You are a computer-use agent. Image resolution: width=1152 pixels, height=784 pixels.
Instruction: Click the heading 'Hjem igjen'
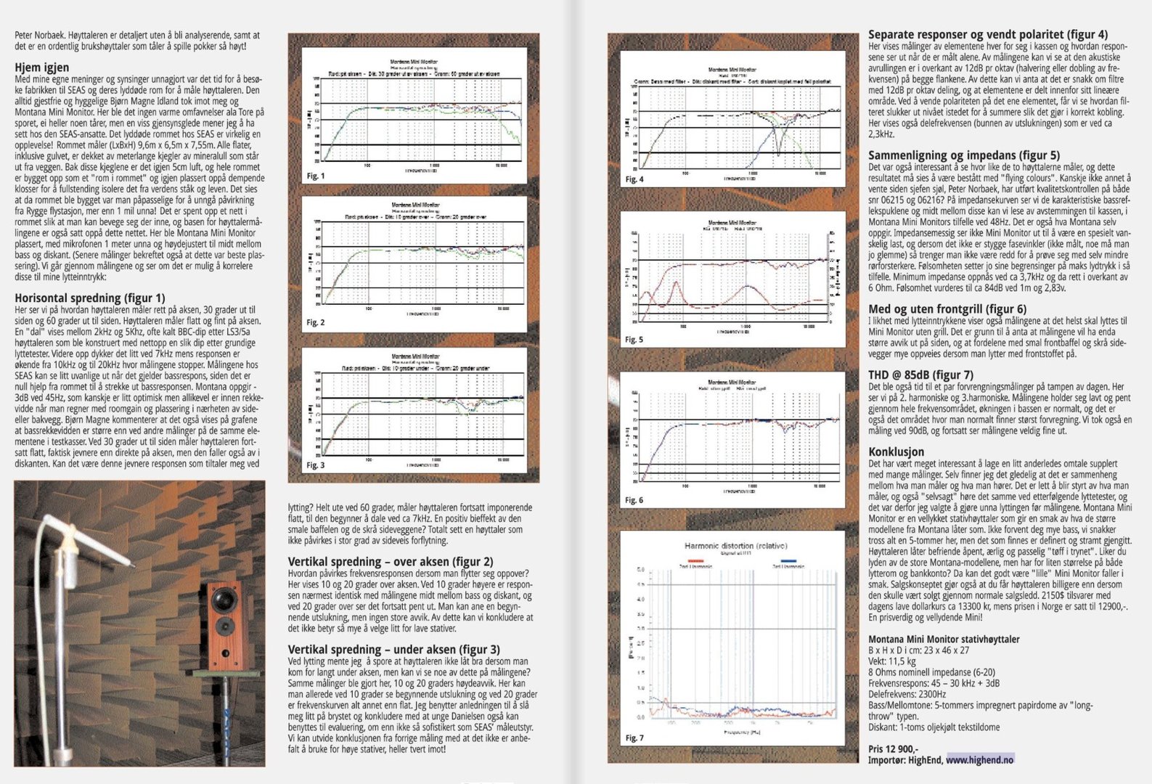[42, 68]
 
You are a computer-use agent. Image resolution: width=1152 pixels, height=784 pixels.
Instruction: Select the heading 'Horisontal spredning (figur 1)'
[90, 298]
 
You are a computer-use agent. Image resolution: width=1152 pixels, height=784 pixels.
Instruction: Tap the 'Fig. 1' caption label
[316, 176]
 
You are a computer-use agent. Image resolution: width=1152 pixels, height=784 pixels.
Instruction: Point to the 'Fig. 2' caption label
[316, 322]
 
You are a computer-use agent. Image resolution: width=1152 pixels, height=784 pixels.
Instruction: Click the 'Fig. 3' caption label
[316, 465]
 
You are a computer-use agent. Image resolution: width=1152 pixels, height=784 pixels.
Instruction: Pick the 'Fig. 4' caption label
[634, 179]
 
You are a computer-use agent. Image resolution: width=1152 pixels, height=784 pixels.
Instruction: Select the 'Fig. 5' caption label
[634, 340]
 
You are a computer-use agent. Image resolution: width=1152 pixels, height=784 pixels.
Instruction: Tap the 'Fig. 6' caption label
[634, 500]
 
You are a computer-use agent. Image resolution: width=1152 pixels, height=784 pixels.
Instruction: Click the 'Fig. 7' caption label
[634, 738]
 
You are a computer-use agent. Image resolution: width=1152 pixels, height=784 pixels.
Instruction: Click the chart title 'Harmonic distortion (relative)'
[735, 545]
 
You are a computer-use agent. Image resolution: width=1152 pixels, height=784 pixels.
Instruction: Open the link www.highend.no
[980, 760]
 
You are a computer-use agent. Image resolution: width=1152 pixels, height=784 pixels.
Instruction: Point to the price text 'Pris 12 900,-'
[894, 749]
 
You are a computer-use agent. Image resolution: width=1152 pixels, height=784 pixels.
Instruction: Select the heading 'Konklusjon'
[896, 452]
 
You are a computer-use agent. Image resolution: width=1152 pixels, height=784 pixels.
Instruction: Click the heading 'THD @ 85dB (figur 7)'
[921, 375]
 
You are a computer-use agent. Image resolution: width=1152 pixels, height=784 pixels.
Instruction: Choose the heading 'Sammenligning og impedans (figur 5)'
[964, 155]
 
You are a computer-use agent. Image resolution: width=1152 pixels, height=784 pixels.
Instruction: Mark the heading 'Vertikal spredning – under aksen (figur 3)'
[394, 650]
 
